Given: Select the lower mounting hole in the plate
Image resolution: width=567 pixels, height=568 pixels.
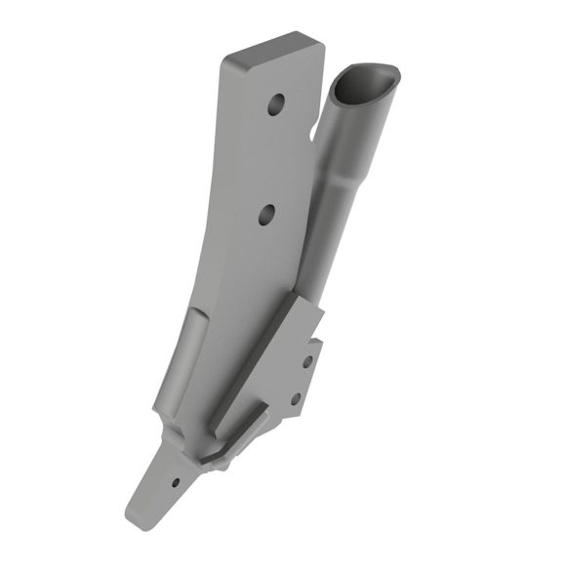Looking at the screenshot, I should tap(267, 214).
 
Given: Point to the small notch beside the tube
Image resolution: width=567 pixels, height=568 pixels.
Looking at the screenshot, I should tap(314, 128).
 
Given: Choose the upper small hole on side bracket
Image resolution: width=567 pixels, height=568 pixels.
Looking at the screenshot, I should tap(307, 361).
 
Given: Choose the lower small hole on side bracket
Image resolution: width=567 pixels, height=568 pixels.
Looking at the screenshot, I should tap(296, 398).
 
